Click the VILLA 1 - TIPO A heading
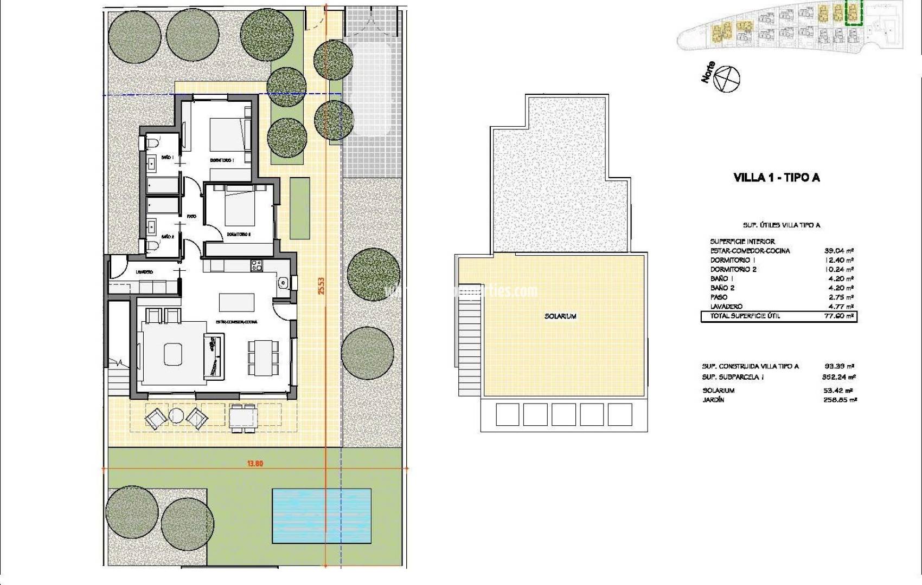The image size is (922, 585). [x=776, y=178]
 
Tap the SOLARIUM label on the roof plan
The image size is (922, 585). [x=560, y=316]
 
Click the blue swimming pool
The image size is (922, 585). [x=322, y=516]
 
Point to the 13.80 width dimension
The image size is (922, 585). [x=255, y=464]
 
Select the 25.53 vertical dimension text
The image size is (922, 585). [x=321, y=286]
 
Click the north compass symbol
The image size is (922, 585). [x=727, y=79]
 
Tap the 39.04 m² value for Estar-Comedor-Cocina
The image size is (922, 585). [x=838, y=251]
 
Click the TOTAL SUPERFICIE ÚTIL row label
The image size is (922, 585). [x=741, y=316]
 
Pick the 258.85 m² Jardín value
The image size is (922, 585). [x=840, y=400]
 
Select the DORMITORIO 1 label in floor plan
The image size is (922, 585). [x=221, y=161]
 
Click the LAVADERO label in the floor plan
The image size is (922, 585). [x=144, y=272]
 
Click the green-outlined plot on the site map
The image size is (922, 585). [x=854, y=12]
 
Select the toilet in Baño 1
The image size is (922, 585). [x=151, y=143]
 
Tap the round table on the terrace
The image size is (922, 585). [x=177, y=416]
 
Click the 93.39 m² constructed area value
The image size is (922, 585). [x=838, y=367]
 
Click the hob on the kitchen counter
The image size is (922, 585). [x=256, y=265]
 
